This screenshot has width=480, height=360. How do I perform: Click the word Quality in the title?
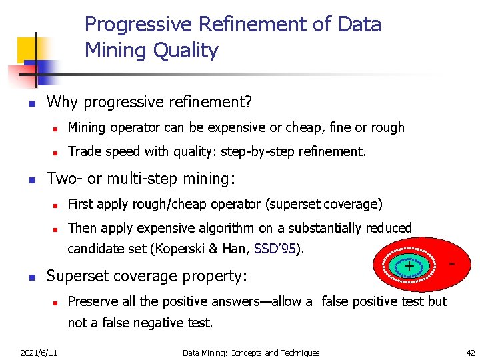(186, 51)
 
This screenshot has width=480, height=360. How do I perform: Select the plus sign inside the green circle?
(409, 267)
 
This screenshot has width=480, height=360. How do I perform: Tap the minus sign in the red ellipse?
(452, 265)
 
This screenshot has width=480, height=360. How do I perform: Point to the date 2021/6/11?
(39, 353)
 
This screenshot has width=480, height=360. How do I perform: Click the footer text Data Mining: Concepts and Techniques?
(251, 353)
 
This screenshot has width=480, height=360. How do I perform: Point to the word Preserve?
(93, 301)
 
